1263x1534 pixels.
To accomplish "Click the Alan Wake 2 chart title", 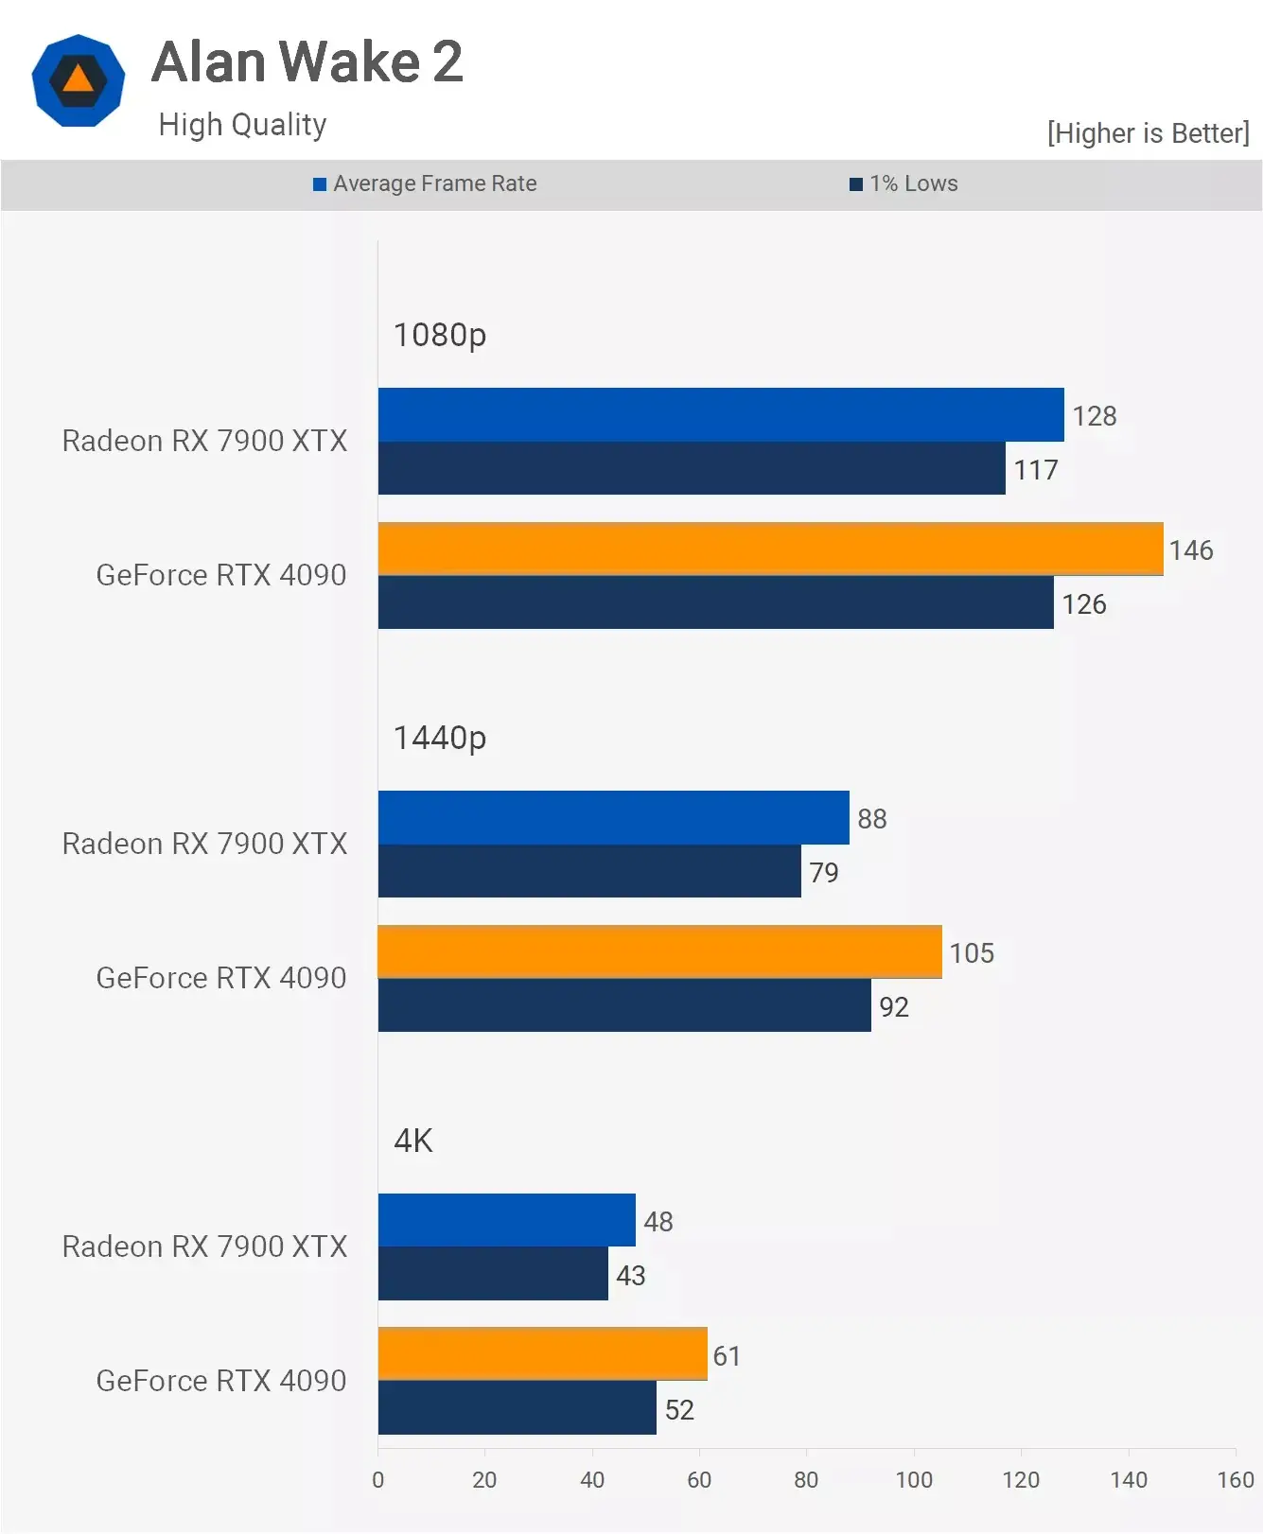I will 307,62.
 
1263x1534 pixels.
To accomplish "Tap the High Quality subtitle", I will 242,125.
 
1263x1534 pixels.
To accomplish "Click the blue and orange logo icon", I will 79,80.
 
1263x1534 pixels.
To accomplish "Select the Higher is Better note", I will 1148,133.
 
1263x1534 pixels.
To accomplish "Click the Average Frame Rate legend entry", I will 426,183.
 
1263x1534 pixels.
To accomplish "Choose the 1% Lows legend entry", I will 904,183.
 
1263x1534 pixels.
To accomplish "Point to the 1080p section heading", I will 439,335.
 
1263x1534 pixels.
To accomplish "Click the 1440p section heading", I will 439,738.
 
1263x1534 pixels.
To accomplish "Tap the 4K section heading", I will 412,1141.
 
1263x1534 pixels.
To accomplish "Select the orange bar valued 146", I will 770,549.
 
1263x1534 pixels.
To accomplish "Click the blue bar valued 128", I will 720,414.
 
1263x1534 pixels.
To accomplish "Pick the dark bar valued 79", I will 588,871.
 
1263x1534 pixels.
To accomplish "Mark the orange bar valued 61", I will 542,1353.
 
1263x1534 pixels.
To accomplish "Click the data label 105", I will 972,952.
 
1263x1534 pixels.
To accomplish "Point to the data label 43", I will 630,1276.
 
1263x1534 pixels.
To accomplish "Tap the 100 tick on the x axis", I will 914,1480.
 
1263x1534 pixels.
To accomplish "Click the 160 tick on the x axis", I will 1235,1480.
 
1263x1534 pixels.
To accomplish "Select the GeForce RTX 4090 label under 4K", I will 221,1381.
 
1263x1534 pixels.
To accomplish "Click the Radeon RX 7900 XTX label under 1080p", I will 204,441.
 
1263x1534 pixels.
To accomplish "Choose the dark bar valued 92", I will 623,1005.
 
